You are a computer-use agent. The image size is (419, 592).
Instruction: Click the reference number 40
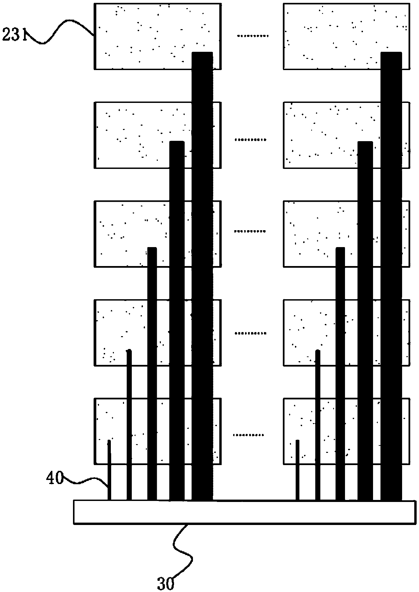point(55,479)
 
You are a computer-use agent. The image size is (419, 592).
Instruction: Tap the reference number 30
point(166,583)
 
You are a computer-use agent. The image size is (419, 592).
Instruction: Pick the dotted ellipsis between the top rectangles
point(252,36)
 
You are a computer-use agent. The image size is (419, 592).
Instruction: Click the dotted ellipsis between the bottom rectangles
point(249,435)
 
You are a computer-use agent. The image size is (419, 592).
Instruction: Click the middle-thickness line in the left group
point(152,372)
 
